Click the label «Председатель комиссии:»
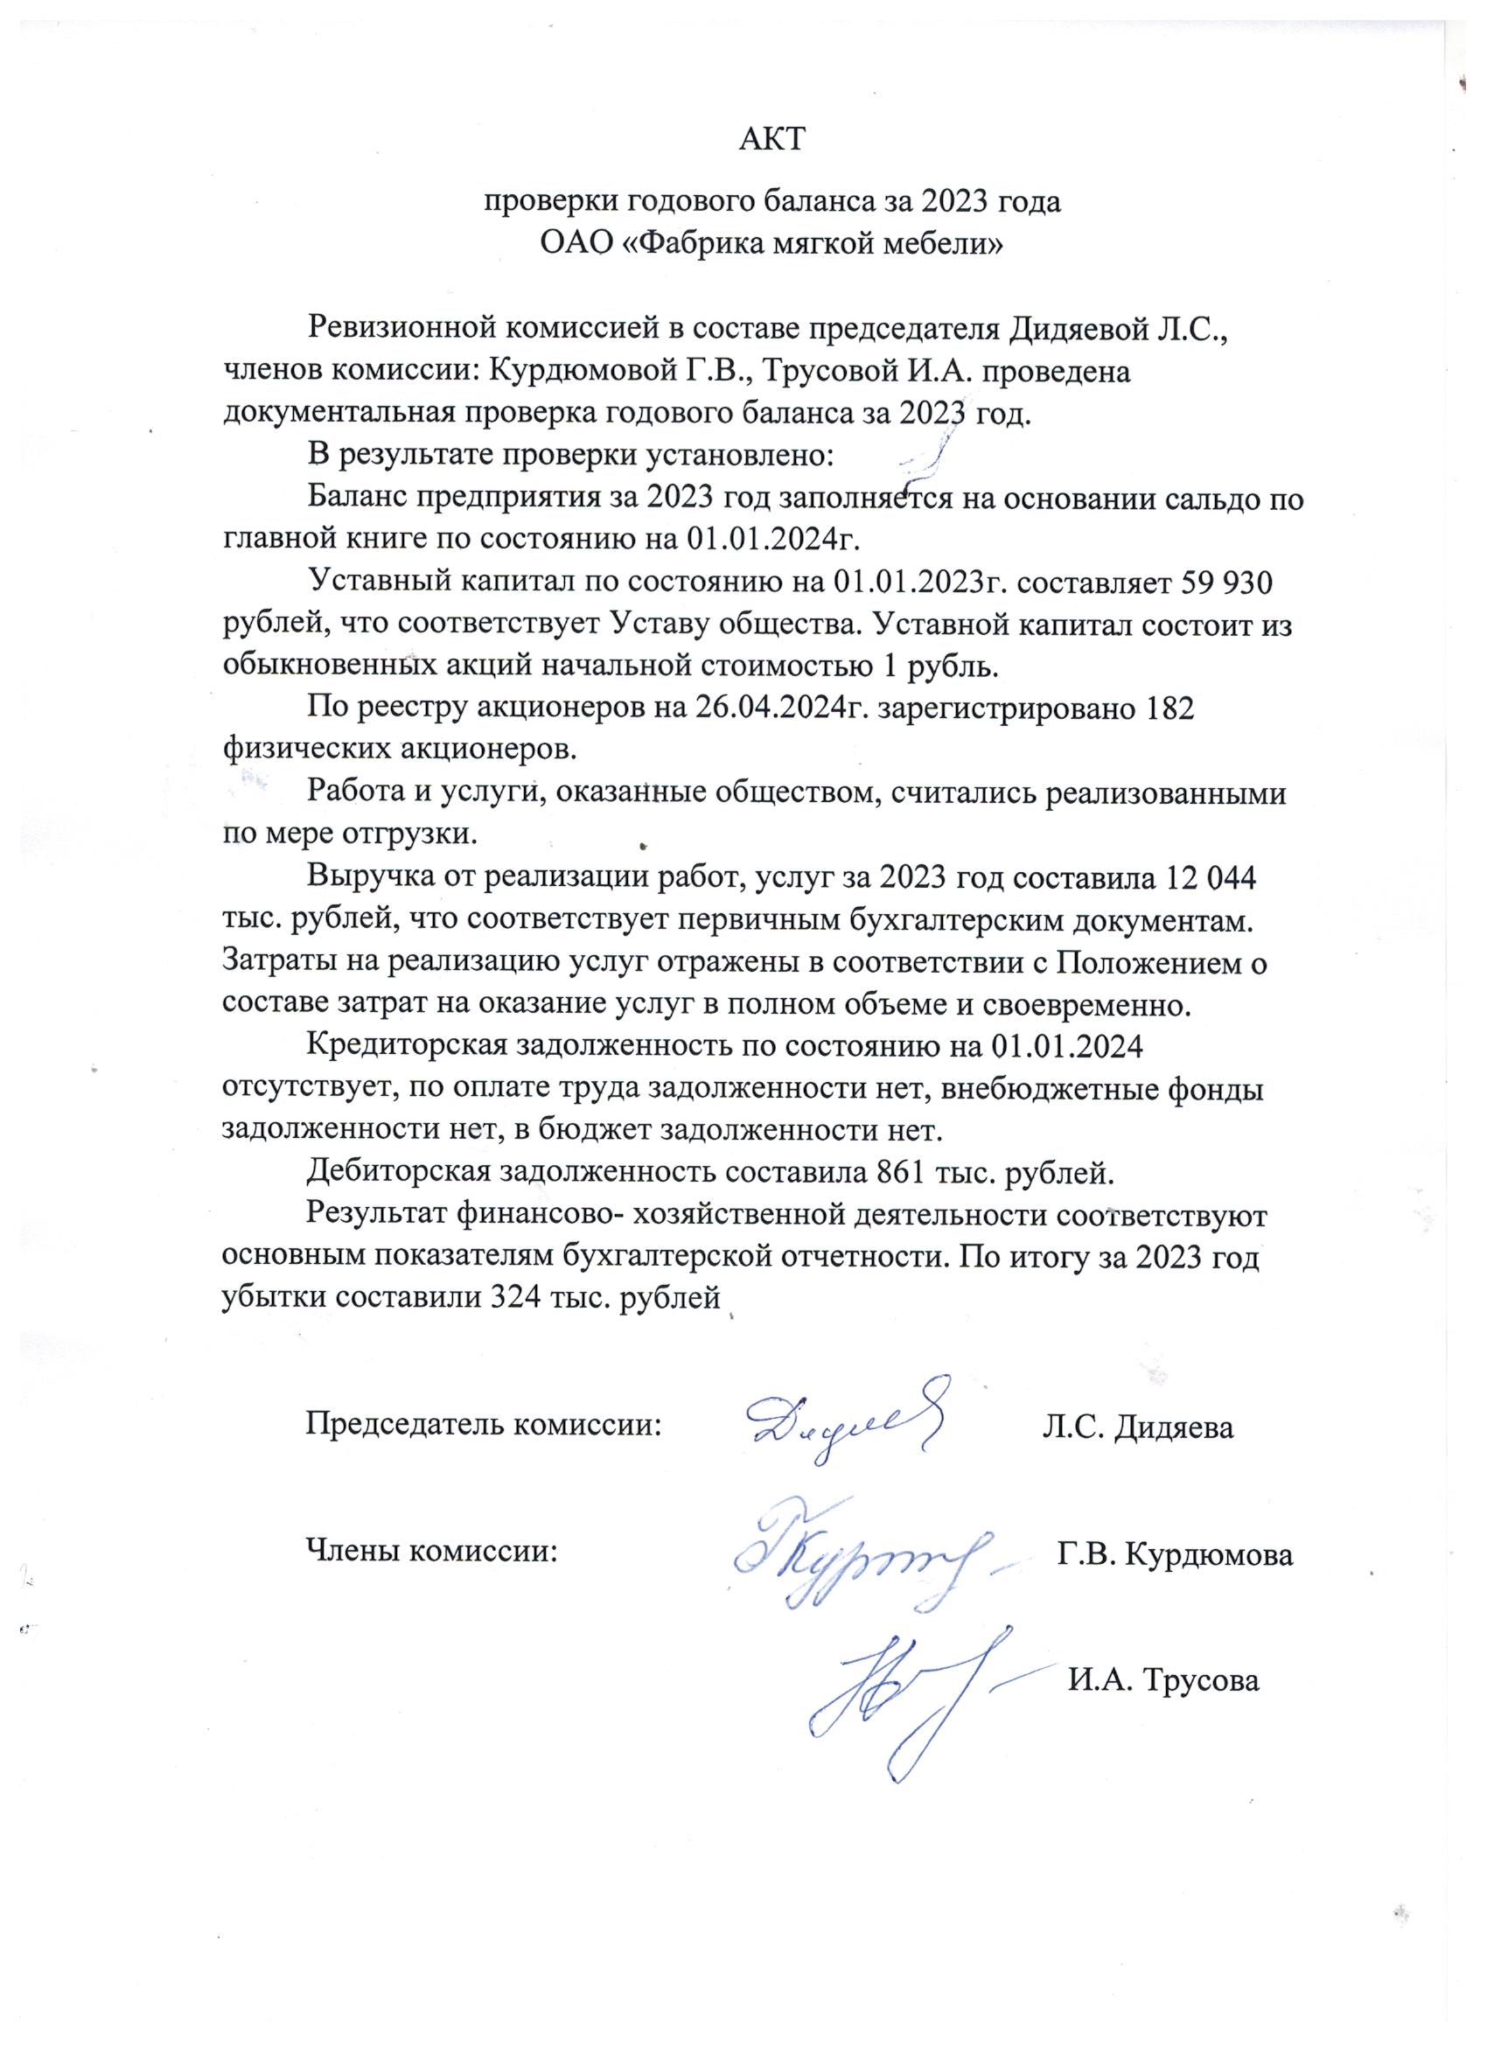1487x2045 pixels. (x=485, y=1426)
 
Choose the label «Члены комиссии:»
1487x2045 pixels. (x=431, y=1551)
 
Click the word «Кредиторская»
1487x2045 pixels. (x=408, y=1048)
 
